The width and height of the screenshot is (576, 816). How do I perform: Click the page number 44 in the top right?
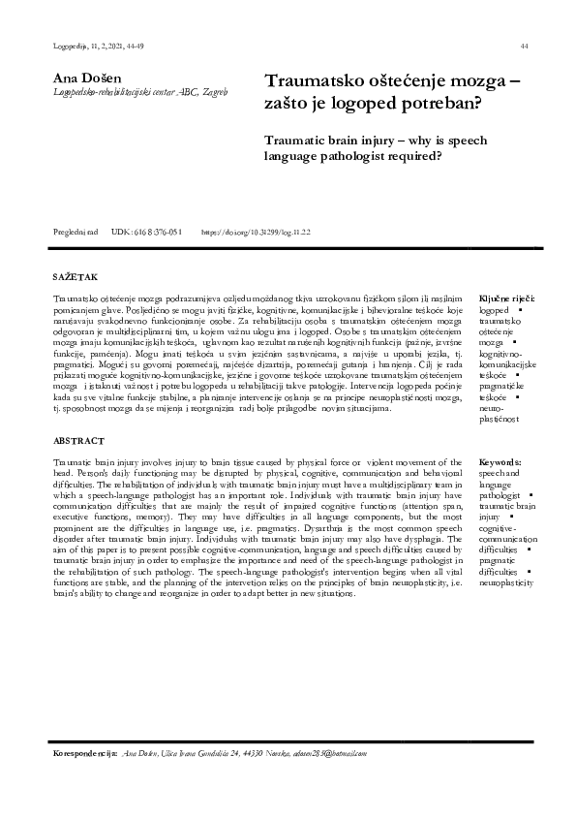pos(524,47)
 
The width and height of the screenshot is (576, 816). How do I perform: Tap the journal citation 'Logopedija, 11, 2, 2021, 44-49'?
pos(84,47)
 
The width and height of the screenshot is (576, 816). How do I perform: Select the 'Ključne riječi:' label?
pos(507,300)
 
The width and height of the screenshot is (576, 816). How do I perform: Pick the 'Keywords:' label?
pos(500,463)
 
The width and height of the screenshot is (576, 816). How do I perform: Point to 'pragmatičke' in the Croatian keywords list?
pos(500,387)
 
